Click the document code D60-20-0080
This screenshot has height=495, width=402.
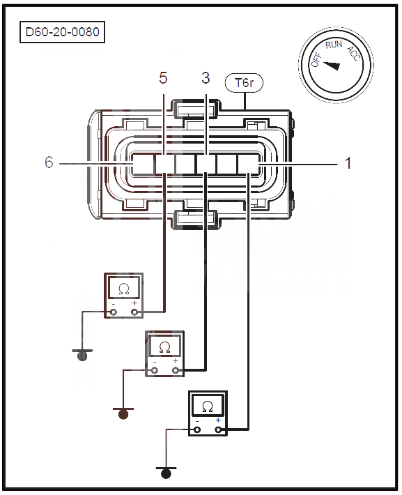62,32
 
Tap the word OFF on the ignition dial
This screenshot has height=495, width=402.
316,60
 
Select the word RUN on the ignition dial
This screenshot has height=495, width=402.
334,45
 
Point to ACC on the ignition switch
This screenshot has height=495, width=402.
353,54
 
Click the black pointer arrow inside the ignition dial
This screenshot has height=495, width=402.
332,65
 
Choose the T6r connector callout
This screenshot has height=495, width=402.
244,83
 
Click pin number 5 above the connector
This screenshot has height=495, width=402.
163,78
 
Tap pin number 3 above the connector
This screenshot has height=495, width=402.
206,78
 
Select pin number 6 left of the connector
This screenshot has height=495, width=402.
49,162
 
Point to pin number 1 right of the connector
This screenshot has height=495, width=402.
348,163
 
